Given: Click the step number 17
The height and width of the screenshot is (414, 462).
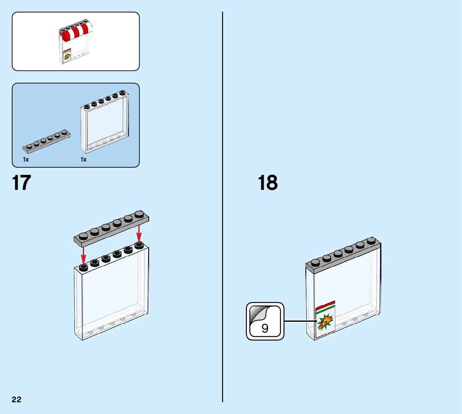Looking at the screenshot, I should [22, 183].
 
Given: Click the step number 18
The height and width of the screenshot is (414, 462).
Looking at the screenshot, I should [267, 183].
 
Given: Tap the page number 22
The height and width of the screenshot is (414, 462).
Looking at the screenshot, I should [17, 400].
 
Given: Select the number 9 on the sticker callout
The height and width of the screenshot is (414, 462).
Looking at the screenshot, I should [265, 328].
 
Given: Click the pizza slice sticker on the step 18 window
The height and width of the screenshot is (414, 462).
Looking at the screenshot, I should [325, 322].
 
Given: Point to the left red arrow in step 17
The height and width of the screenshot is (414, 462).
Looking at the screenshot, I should [84, 254].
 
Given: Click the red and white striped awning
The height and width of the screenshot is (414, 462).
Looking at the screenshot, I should [75, 31].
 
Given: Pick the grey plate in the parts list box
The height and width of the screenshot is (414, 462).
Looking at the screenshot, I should [46, 141].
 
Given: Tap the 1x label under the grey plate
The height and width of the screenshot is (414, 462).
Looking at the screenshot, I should [26, 160].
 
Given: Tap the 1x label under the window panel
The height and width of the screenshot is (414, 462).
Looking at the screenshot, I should [84, 160].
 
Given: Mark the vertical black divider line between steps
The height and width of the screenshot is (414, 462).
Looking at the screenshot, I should [223, 209].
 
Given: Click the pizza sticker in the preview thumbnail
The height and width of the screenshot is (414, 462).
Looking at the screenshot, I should [66, 56].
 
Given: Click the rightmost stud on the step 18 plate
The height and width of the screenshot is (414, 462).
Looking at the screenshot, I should [371, 240].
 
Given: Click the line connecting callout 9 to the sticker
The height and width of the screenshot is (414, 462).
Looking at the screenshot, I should [300, 321].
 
